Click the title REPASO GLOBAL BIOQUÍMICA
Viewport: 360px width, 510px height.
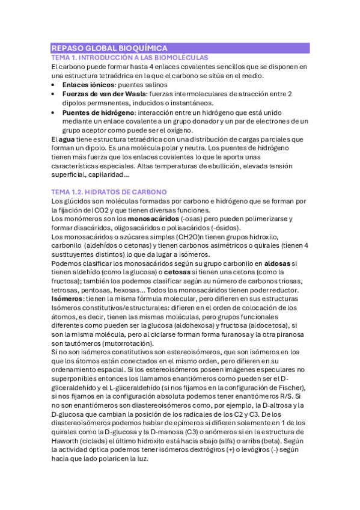point(109,48)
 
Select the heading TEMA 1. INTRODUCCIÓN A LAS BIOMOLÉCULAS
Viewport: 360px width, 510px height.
point(130,57)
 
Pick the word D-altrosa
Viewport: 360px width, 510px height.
point(284,406)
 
